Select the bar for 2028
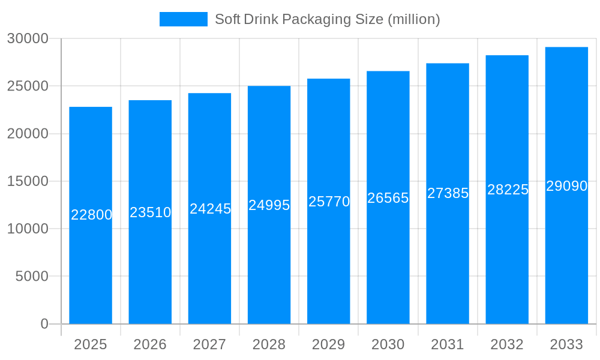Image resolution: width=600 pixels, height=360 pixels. tap(269, 264)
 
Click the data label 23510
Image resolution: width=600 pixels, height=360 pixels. tap(151, 212)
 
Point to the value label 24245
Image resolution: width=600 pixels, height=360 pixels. tap(210, 209)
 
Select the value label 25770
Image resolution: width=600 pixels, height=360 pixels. tap(329, 202)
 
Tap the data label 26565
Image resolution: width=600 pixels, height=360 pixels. tap(388, 198)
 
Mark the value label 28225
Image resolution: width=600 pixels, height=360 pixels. tap(508, 190)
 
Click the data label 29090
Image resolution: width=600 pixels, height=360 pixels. tap(566, 186)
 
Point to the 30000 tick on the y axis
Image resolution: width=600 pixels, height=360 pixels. tap(28, 38)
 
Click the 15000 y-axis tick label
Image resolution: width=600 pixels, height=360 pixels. tap(28, 181)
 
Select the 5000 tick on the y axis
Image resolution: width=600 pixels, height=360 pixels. tap(31, 277)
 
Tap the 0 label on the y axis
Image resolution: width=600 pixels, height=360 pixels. tap(44, 324)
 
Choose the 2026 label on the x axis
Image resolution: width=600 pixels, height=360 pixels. tap(150, 344)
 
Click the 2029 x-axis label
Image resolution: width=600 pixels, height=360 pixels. tap(329, 344)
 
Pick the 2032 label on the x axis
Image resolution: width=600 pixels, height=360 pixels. tap(507, 344)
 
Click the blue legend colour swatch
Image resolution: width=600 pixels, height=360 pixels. tap(183, 19)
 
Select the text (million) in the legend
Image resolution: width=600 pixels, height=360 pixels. tap(414, 19)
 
